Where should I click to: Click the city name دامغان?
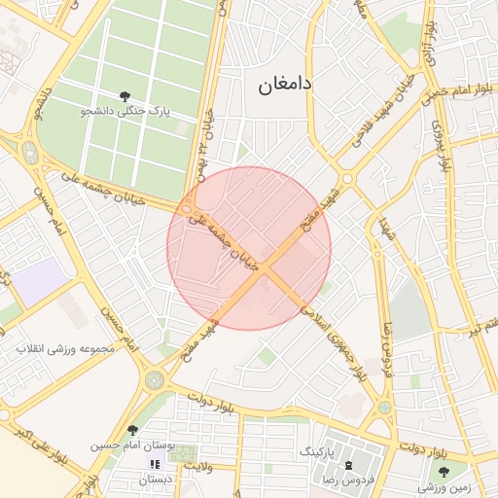click(x=285, y=86)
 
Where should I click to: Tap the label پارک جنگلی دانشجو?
click(x=124, y=112)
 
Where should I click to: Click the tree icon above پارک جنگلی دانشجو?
click(x=124, y=95)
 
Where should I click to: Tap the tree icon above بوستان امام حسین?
click(x=132, y=430)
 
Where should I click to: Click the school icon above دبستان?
click(x=155, y=464)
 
